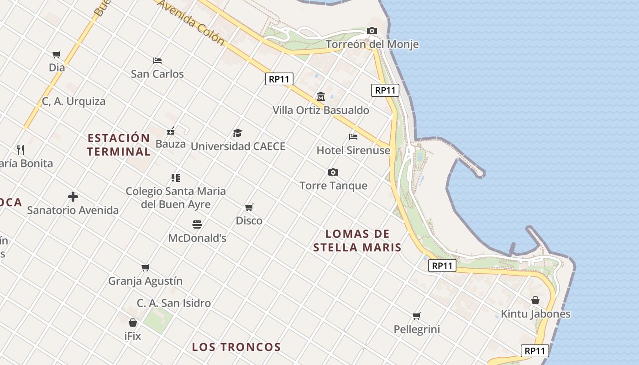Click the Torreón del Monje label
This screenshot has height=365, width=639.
tap(372, 44)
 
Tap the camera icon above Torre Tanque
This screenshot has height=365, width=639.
tap(333, 172)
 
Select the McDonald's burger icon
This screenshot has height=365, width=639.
tap(197, 224)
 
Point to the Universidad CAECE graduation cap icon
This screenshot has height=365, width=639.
tap(237, 133)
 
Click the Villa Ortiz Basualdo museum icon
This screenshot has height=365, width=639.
tap(321, 97)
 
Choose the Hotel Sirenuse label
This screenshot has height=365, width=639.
tap(353, 150)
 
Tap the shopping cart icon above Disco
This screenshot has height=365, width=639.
tap(249, 208)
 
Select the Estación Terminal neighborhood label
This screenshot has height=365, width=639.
tap(119, 145)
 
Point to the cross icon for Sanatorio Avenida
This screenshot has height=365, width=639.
tap(73, 197)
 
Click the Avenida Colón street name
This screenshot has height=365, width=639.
tap(191, 23)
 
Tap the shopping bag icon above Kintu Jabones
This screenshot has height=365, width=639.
tap(535, 300)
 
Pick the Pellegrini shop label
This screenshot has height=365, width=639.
tap(417, 329)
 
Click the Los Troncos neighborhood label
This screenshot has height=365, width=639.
tap(236, 347)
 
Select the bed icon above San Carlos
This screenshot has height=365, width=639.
tap(157, 60)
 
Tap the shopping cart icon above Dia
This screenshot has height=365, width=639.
tap(57, 55)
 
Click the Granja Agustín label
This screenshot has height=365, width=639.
tap(145, 281)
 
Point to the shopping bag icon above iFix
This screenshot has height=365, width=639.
tap(133, 323)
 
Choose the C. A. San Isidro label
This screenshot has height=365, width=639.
tap(174, 303)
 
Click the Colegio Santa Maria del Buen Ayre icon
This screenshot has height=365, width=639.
tap(176, 178)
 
